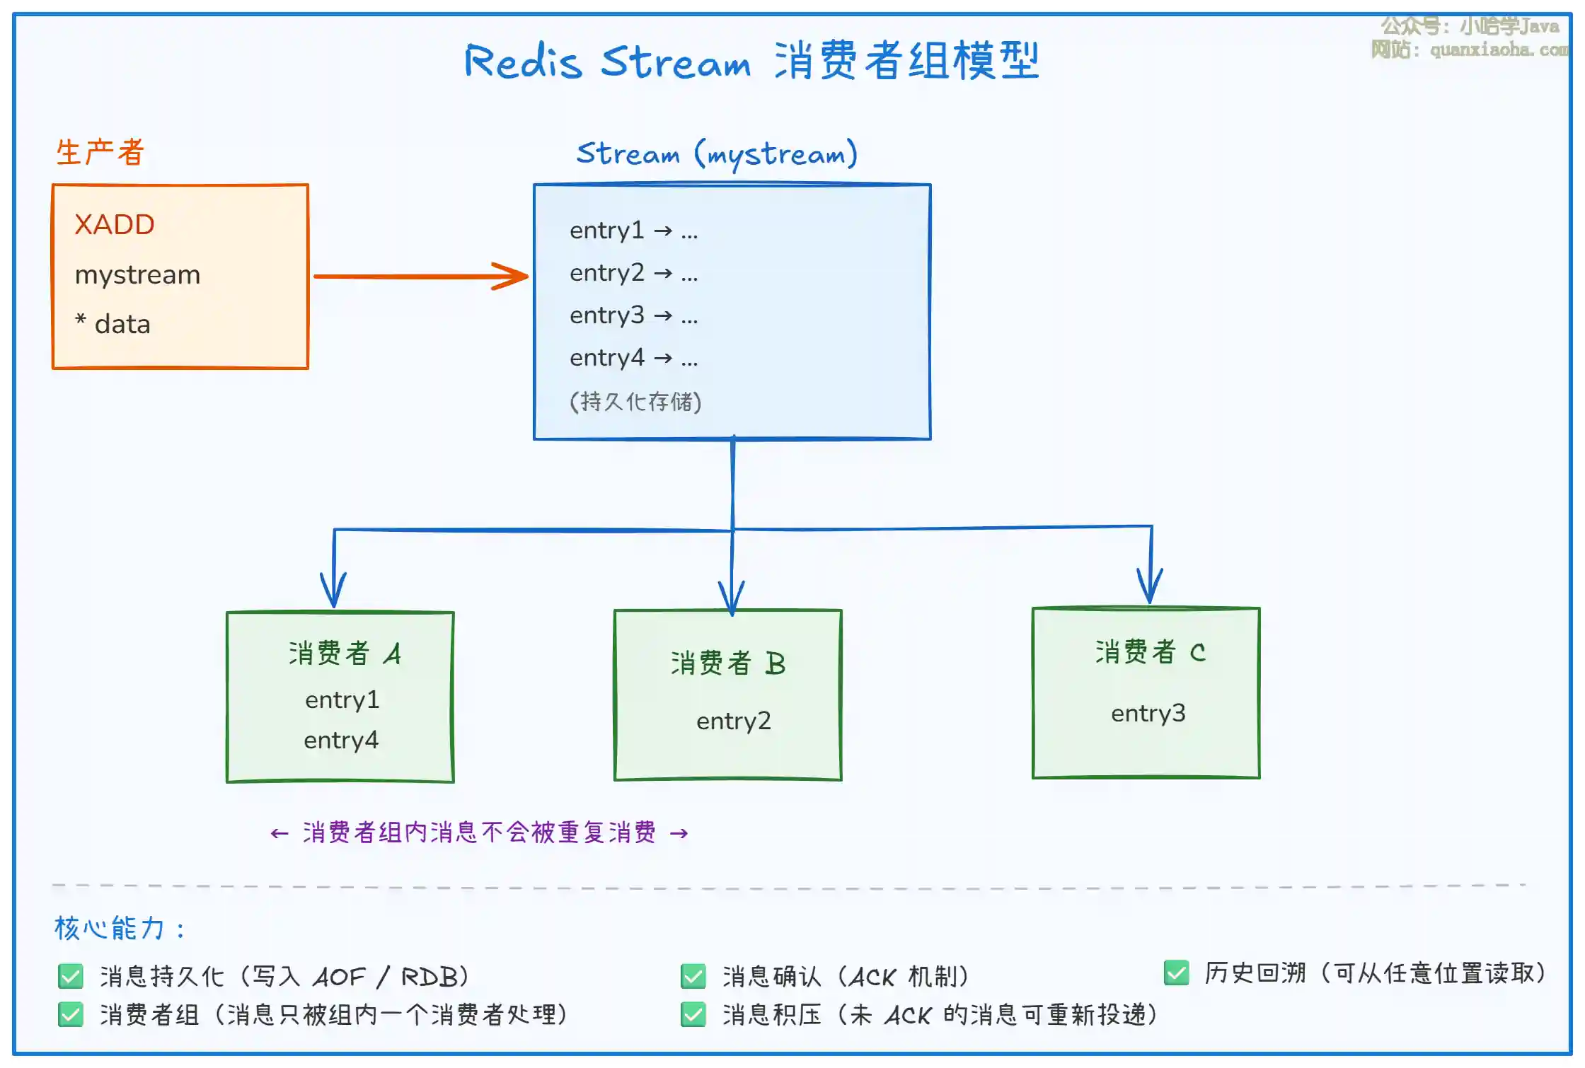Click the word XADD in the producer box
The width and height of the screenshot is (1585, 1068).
click(x=115, y=225)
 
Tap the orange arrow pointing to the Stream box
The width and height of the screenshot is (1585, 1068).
click(x=421, y=276)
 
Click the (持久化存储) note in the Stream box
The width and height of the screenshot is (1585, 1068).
click(x=635, y=402)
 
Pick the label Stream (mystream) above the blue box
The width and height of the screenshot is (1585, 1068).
click(x=717, y=153)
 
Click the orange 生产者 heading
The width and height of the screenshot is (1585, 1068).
click(x=100, y=152)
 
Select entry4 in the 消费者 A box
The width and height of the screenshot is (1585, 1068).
click(x=341, y=741)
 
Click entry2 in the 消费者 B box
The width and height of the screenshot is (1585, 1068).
click(x=733, y=721)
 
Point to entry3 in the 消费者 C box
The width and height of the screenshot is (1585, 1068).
click(x=1148, y=714)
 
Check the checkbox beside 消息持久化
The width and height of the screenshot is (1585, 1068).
click(x=71, y=977)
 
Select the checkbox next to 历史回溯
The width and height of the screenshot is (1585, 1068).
click(x=1176, y=973)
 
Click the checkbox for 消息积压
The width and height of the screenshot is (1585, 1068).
click(x=693, y=1015)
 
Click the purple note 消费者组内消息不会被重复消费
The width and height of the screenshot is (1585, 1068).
click(x=479, y=832)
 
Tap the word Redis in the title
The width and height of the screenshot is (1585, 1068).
click(x=523, y=62)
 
